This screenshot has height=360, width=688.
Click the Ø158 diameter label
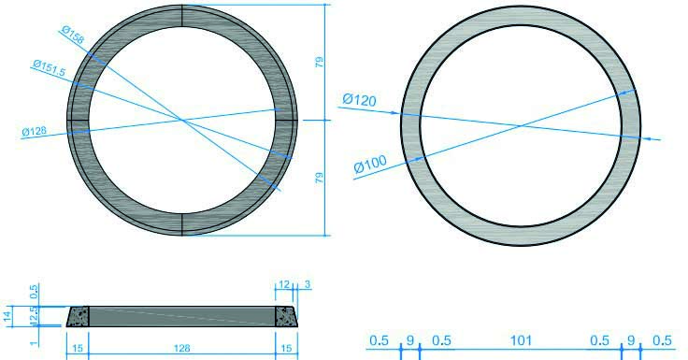(72, 35)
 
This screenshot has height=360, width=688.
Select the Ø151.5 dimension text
(48, 65)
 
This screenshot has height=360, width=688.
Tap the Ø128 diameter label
(34, 132)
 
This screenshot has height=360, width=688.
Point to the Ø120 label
(359, 99)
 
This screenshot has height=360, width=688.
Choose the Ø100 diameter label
(370, 166)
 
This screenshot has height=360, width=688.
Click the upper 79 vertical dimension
(321, 63)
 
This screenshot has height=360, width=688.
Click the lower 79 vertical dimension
(321, 178)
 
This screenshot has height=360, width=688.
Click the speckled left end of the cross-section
(78, 317)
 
